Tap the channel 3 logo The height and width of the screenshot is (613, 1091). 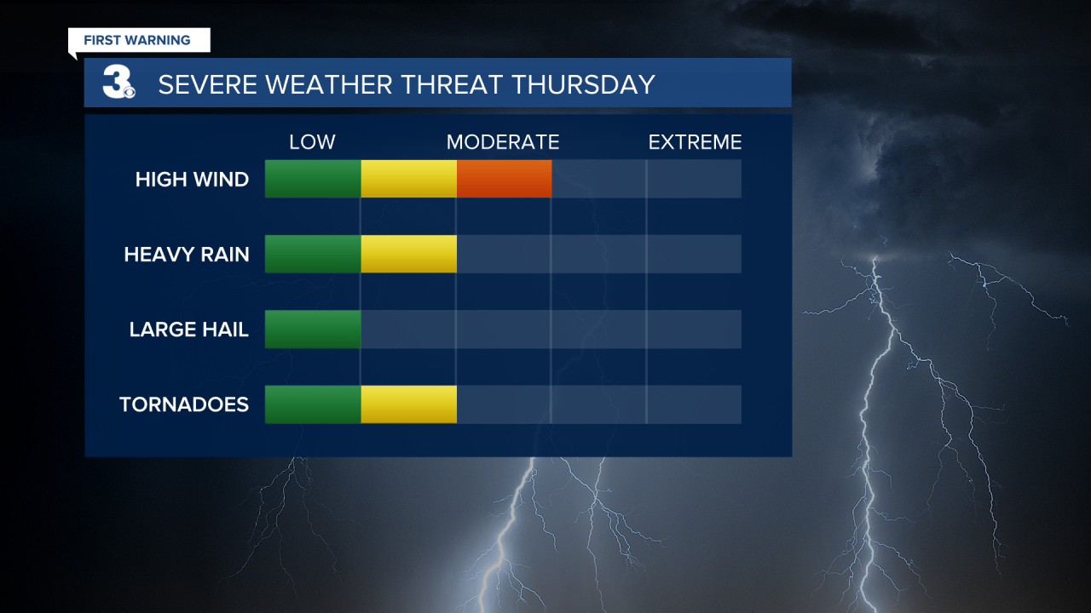pos(118,83)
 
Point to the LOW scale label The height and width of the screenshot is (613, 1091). pos(312,142)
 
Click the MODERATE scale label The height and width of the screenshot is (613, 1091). pos(503,142)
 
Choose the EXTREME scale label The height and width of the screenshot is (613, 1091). pos(695,142)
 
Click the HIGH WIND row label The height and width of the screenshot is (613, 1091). pos(192,180)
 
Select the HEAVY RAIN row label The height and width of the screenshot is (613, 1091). pos(187,255)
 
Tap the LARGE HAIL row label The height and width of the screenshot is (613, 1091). pos(188,329)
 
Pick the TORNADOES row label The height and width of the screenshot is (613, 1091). pos(184,404)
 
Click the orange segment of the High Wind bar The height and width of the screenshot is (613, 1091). pos(504,179)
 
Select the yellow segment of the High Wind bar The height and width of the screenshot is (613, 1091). pos(408,179)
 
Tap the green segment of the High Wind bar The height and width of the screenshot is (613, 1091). pos(313,179)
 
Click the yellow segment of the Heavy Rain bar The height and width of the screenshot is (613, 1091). pos(408,254)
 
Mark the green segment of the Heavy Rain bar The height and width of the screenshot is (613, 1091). pos(313,254)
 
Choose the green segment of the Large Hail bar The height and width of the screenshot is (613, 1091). pos(313,329)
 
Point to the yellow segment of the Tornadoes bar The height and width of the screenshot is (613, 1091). pos(408,404)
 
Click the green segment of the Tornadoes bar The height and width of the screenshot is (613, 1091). pos(313,404)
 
